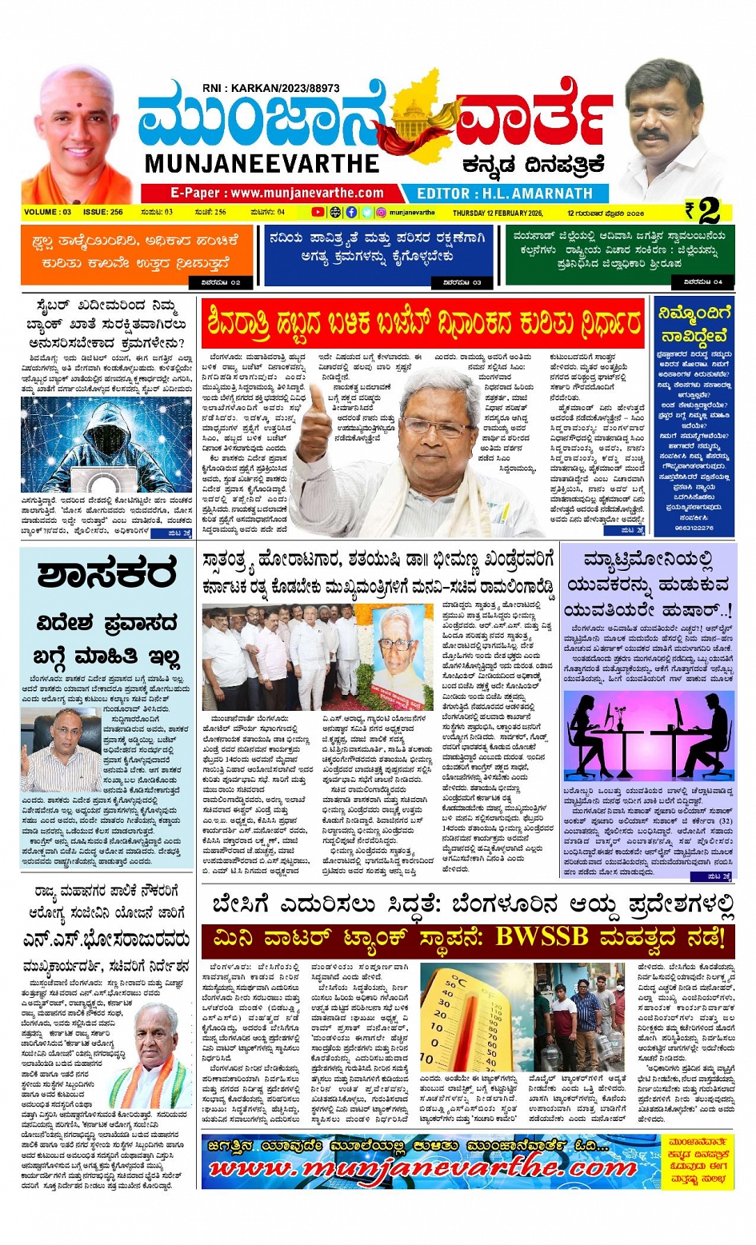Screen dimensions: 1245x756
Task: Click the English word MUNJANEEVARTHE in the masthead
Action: pos(262,164)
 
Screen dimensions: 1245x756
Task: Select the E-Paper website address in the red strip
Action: pos(277,193)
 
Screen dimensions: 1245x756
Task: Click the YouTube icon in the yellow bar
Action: pos(318,213)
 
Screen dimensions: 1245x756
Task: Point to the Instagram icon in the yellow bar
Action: pos(382,213)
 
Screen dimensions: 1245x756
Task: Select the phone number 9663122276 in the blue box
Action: pos(693,528)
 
